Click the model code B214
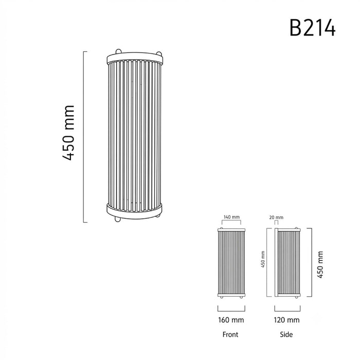(313, 28)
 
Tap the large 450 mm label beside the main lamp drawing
(68, 133)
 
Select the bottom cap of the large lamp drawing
(135, 211)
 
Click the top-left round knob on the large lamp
(118, 51)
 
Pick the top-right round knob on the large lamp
(159, 53)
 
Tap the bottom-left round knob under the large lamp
(118, 220)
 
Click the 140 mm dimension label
(231, 217)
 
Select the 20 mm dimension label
(276, 218)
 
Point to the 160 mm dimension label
(231, 320)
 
